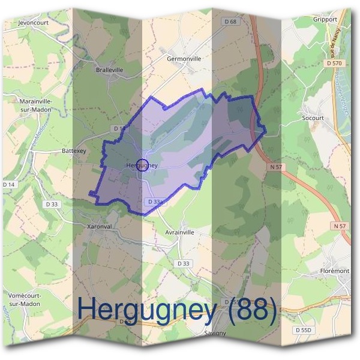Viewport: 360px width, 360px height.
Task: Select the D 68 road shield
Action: pyautogui.click(x=230, y=22)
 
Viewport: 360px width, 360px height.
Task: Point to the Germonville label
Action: pyautogui.click(x=184, y=59)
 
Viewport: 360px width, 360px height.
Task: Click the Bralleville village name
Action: pyautogui.click(x=109, y=70)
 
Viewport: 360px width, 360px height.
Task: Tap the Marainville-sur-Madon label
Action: pyautogui.click(x=31, y=106)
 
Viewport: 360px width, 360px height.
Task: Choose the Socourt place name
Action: pyautogui.click(x=313, y=118)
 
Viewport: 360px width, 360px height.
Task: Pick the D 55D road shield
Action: pyautogui.click(x=305, y=330)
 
